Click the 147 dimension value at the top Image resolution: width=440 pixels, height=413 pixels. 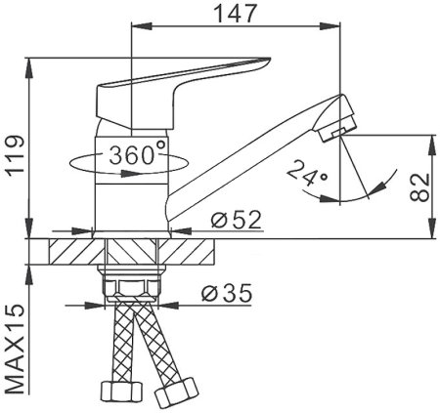coord(235,14)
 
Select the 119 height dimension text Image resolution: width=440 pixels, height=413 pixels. coord(17,156)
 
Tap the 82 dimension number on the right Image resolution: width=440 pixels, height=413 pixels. coord(419,188)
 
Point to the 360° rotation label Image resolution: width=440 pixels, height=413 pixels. coord(137,154)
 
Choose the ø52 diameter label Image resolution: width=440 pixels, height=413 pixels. coord(237,220)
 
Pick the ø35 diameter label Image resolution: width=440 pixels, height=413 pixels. coord(227,293)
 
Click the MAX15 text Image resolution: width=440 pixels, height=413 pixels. coord(16,350)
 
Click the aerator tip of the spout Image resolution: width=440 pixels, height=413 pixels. coord(336,119)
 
